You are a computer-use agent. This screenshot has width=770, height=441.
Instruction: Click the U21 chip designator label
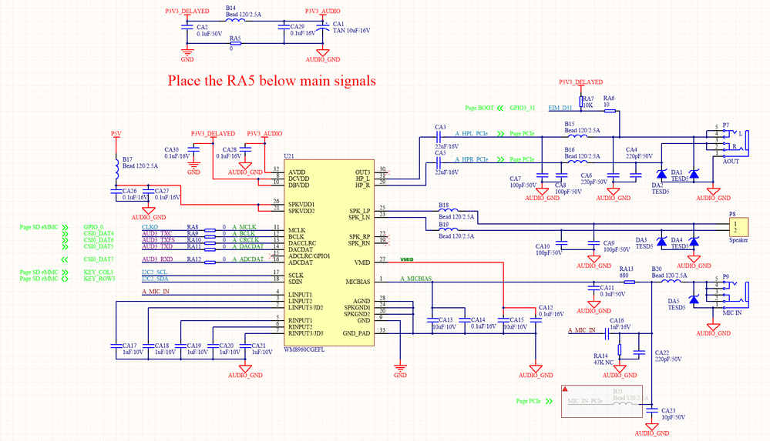click(x=289, y=156)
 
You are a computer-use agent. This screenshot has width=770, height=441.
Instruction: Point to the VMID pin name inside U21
click(x=361, y=262)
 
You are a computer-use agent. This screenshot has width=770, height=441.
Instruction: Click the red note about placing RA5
click(x=272, y=81)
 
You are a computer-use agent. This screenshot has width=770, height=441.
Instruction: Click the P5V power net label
click(x=116, y=133)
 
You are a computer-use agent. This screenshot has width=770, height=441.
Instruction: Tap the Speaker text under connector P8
click(x=738, y=240)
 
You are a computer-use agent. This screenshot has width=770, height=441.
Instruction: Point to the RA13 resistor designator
click(x=626, y=269)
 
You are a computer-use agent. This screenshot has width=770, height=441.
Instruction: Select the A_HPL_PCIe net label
click(x=470, y=134)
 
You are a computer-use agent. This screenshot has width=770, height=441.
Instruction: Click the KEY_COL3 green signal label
click(x=99, y=272)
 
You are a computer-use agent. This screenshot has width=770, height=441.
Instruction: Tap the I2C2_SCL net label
click(x=155, y=272)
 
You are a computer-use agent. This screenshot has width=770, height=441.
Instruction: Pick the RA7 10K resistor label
click(x=588, y=102)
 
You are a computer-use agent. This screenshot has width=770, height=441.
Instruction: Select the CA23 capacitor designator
click(x=669, y=410)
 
